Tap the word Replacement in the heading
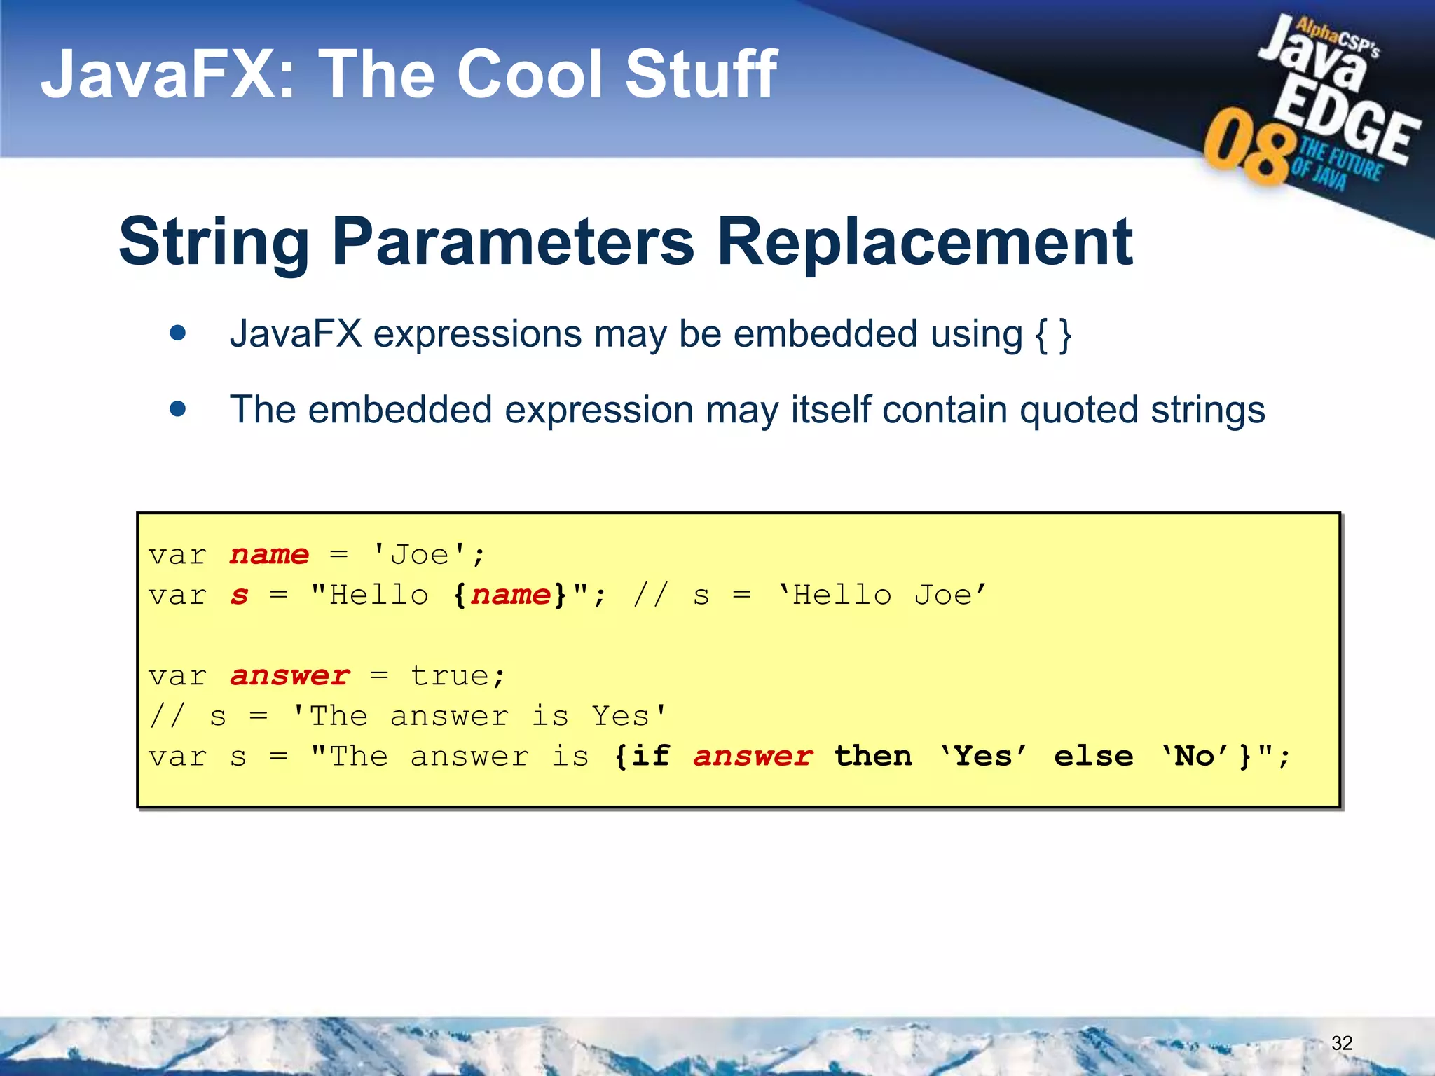coord(924,242)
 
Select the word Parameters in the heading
coord(513,242)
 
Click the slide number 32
coord(1341,1043)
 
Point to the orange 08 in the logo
coord(1248,147)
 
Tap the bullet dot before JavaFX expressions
coord(178,333)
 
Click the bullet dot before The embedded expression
coord(178,408)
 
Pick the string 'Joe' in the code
coord(419,556)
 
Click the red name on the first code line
coord(270,556)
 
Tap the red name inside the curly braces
coord(510,596)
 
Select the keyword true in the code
coord(449,677)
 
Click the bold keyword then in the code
coord(873,757)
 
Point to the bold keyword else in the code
coord(1093,757)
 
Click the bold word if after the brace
coord(651,757)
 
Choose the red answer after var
coord(289,677)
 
